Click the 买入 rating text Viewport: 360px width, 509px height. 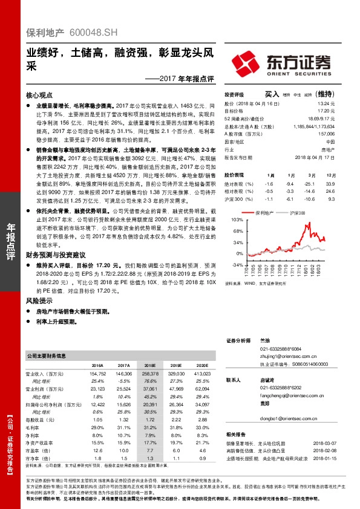tap(272, 94)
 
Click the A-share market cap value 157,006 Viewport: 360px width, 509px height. tap(326, 133)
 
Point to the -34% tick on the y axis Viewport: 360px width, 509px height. tap(237, 264)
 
